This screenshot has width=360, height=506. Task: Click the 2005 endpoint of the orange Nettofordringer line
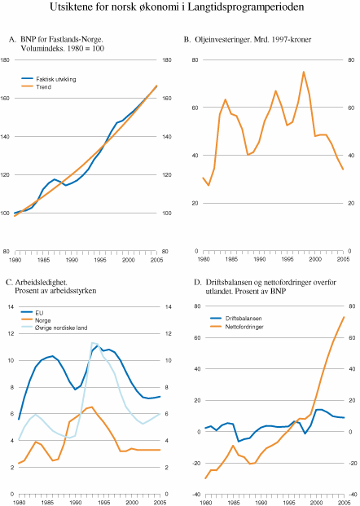coord(343,317)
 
